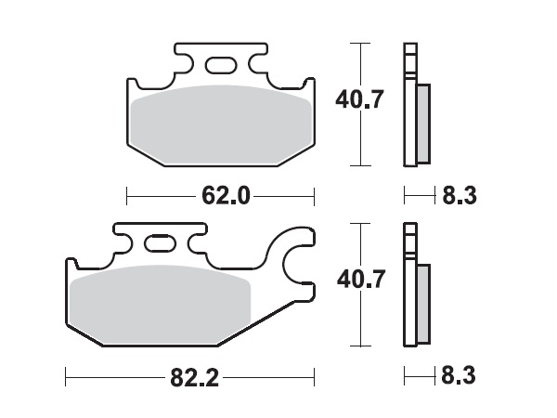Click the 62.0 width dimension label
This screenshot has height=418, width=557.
pyautogui.click(x=221, y=196)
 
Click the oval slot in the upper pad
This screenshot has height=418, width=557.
pyautogui.click(x=221, y=65)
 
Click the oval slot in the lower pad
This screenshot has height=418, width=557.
pyautogui.click(x=160, y=245)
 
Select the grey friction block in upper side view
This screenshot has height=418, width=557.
pyautogui.click(x=422, y=121)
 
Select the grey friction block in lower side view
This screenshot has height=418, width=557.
pyautogui.click(x=422, y=302)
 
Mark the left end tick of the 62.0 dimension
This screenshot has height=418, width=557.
pyautogui.click(x=126, y=196)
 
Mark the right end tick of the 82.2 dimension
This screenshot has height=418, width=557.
pyautogui.click(x=316, y=378)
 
